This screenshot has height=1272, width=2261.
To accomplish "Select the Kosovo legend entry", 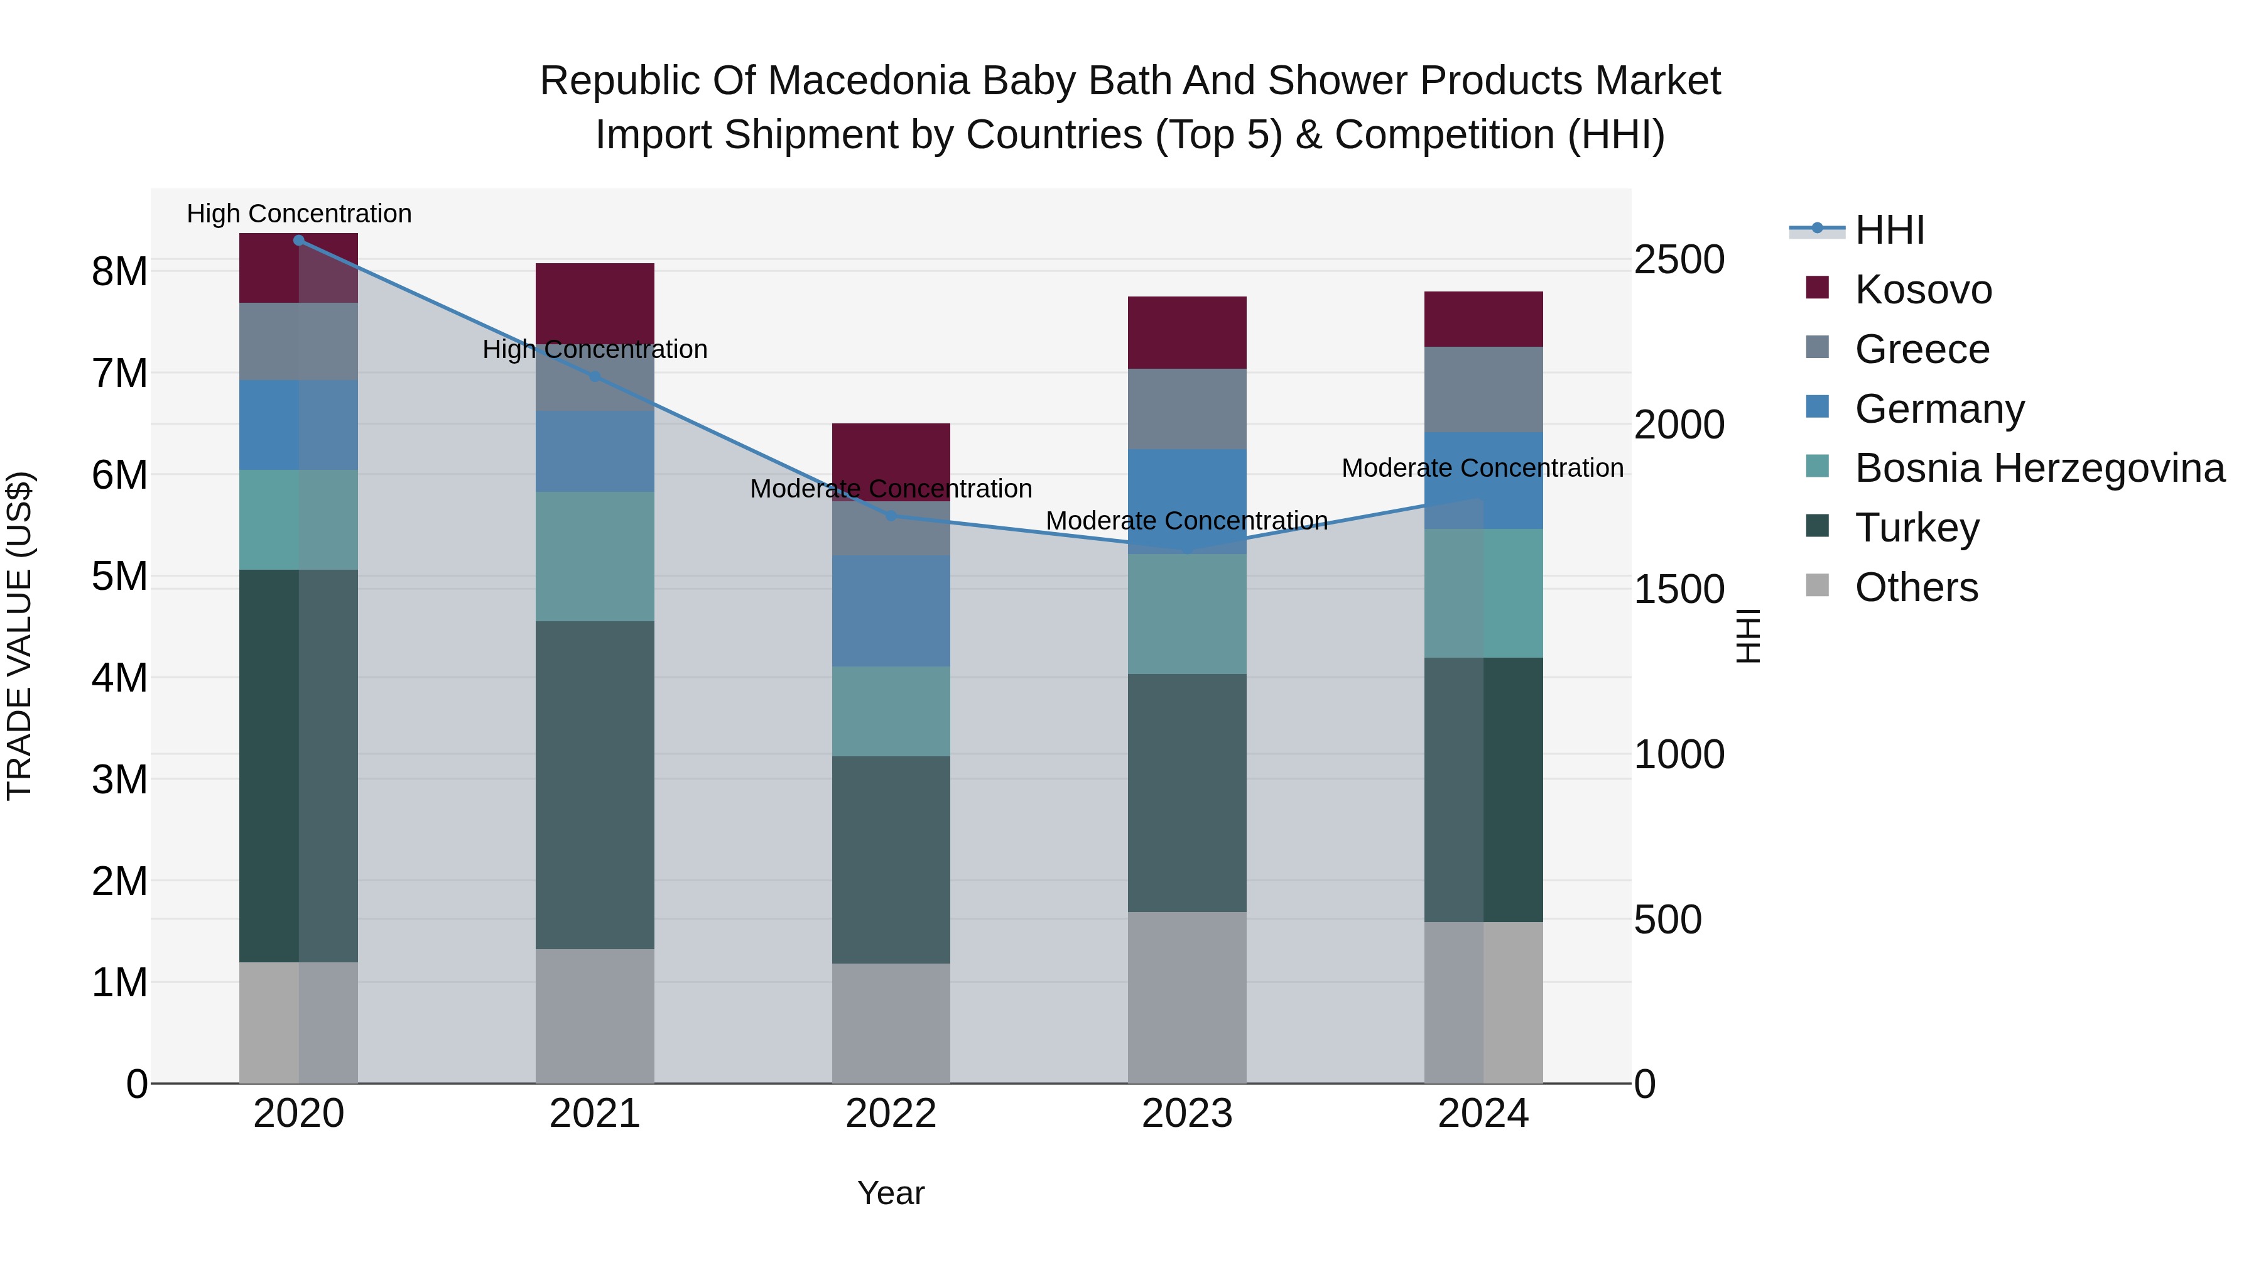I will pyautogui.click(x=1922, y=290).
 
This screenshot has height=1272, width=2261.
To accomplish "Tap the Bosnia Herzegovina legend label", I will pyautogui.click(x=2039, y=468).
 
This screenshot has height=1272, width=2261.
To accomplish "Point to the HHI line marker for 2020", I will pyautogui.click(x=298, y=240).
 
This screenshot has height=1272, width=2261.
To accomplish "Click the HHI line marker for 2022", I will pyautogui.click(x=891, y=515).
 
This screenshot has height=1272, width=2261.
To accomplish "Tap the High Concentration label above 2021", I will pyautogui.click(x=594, y=349).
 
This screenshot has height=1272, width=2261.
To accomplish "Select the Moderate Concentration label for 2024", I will pyautogui.click(x=1482, y=468).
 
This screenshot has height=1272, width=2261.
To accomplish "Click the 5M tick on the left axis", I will pyautogui.click(x=119, y=577).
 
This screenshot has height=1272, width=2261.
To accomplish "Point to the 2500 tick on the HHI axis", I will pyautogui.click(x=1679, y=260).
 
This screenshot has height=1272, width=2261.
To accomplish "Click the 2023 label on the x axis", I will pyautogui.click(x=1186, y=1114).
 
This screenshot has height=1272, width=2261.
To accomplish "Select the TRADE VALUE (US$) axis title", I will pyautogui.click(x=19, y=636).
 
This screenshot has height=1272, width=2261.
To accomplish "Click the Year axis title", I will pyautogui.click(x=890, y=1193).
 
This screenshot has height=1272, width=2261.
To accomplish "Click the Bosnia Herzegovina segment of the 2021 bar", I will pyautogui.click(x=594, y=556).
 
